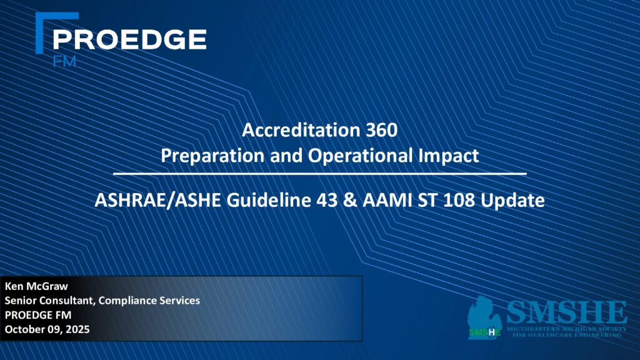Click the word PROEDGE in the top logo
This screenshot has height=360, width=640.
point(129,39)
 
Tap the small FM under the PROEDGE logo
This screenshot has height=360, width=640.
point(64,62)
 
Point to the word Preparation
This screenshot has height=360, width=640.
point(212,156)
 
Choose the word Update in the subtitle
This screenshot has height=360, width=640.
point(512,201)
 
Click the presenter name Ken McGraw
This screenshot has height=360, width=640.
point(36,286)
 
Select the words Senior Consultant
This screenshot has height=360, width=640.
point(51,301)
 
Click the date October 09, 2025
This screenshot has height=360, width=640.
point(47,329)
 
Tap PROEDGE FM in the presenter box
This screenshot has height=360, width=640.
point(38,315)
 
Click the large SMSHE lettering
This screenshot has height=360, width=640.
point(566,312)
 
